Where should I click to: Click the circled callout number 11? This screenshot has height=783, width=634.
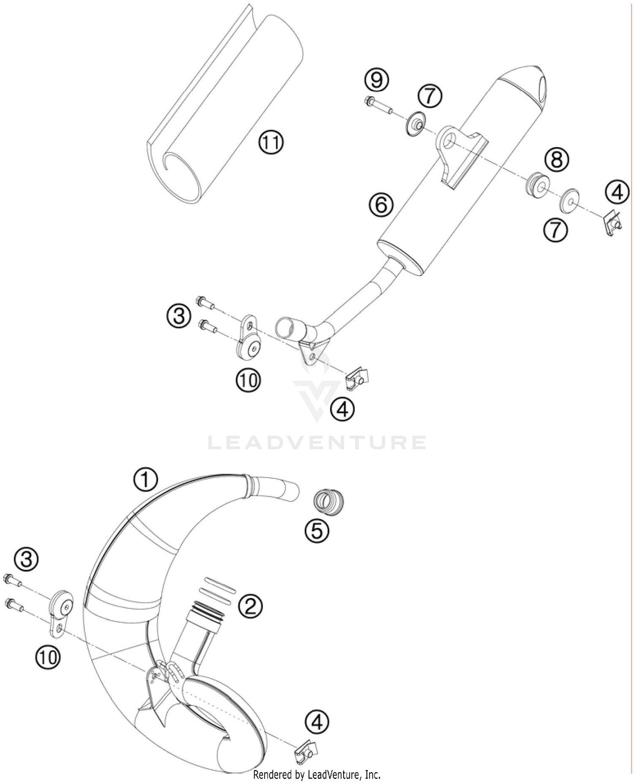271,142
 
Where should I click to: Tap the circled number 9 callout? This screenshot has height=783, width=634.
376,80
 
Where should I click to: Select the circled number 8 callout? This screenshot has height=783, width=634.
557,159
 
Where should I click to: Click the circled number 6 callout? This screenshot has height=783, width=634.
380,205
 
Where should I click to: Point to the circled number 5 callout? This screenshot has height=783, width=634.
317,530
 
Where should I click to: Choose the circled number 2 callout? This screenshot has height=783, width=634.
251,606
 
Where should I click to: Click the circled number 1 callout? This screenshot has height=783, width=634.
145,480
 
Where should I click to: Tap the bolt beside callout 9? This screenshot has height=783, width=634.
377,106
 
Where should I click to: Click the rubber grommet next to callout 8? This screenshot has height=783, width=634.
537,184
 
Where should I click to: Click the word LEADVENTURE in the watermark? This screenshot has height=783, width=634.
317,442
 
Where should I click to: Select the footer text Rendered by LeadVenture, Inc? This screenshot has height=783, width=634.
317,775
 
